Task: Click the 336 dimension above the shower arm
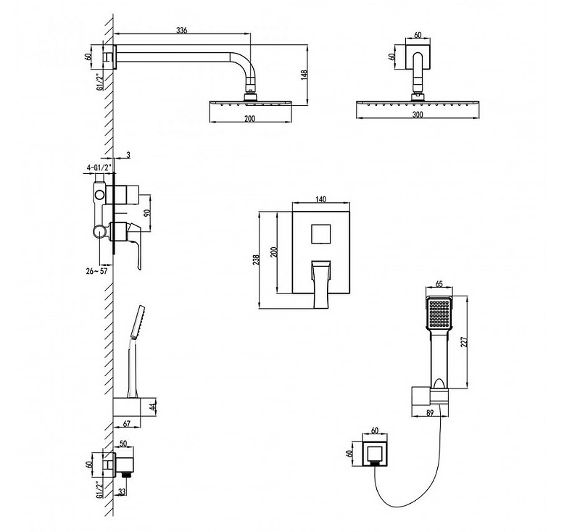181,30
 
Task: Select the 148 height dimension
304,76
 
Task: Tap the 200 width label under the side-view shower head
249,119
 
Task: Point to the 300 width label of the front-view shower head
418,115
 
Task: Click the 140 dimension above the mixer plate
321,199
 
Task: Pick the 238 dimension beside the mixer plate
256,259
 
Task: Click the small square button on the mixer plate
321,233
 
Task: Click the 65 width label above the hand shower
439,284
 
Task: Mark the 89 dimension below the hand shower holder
430,413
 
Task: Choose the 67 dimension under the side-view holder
126,424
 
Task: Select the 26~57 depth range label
96,271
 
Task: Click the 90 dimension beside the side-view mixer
147,213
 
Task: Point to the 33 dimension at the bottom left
122,491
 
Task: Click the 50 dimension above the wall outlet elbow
123,444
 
